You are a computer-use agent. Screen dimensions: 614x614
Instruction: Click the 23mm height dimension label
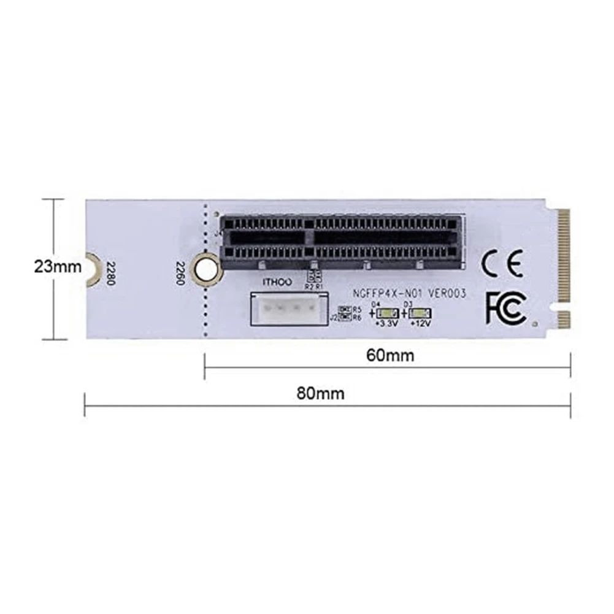[x=57, y=267]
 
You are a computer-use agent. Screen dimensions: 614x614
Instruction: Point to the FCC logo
[x=505, y=307]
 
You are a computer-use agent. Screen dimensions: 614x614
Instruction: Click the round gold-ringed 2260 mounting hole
[x=205, y=267]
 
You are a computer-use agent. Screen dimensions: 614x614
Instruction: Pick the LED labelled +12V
[x=420, y=312]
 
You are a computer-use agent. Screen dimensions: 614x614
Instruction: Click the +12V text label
[x=422, y=323]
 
